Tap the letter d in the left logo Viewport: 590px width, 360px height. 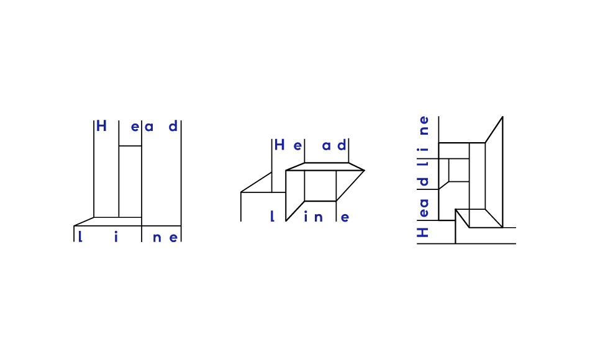(173, 126)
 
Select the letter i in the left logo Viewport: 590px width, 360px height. (116, 237)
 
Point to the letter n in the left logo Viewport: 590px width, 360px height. (157, 238)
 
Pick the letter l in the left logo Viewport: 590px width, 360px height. (79, 236)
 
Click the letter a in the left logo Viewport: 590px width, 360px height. (149, 127)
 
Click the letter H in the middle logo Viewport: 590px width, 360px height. (279, 145)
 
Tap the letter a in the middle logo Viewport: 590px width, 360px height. (326, 146)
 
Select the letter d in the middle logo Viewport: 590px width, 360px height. (342, 145)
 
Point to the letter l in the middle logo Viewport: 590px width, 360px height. (272, 216)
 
